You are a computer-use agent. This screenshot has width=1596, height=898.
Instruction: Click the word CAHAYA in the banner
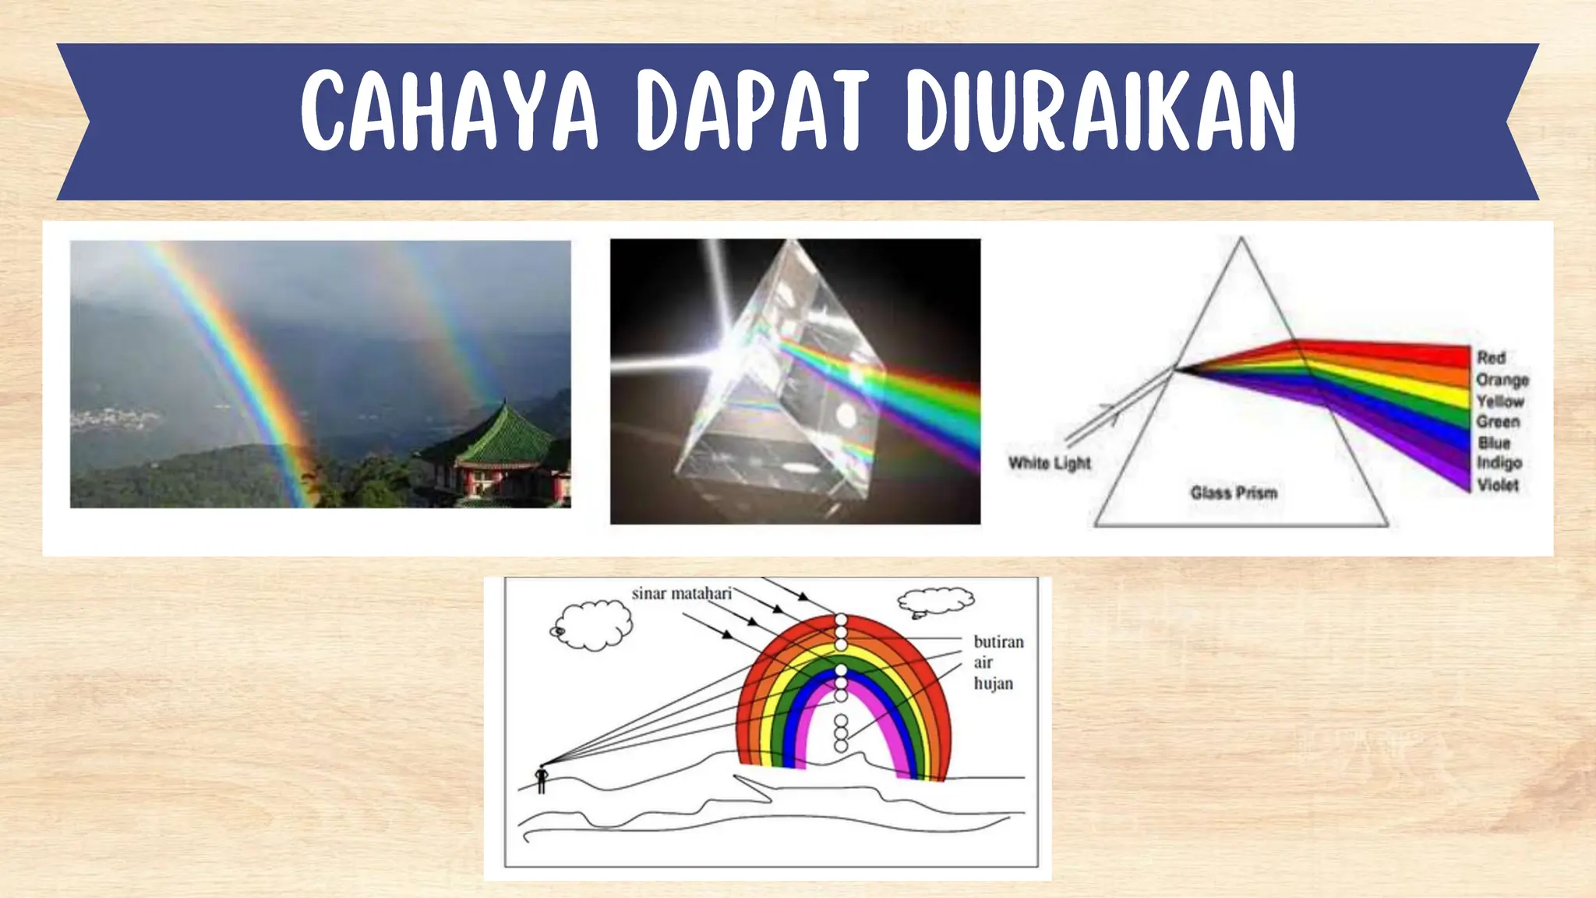click(x=449, y=111)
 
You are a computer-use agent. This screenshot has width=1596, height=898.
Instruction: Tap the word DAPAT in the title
click(x=751, y=111)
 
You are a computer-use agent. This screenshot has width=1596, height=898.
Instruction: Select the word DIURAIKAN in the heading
click(x=1100, y=111)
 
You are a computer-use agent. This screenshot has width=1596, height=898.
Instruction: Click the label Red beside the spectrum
click(x=1491, y=358)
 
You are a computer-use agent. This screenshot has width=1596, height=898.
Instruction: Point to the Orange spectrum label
click(x=1502, y=380)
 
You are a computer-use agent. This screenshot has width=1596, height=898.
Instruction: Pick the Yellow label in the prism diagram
click(x=1500, y=401)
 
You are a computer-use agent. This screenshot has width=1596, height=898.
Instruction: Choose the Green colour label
click(x=1498, y=422)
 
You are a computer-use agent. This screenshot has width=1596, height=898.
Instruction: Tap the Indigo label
click(x=1499, y=463)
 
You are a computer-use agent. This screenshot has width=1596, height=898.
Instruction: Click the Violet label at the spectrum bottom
click(x=1498, y=485)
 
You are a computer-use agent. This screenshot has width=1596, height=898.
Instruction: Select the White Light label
click(x=1050, y=463)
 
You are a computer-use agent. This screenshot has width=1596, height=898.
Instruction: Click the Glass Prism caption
click(x=1234, y=493)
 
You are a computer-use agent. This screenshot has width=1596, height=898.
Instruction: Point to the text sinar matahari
click(x=681, y=594)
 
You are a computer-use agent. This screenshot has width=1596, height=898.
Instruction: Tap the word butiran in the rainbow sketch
click(x=998, y=642)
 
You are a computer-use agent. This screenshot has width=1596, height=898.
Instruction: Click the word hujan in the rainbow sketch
click(x=993, y=684)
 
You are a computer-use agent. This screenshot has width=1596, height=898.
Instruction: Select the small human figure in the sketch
click(x=542, y=779)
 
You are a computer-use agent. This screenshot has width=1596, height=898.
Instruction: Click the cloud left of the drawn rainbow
click(x=594, y=624)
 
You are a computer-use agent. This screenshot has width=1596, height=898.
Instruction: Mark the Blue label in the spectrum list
click(x=1494, y=443)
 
